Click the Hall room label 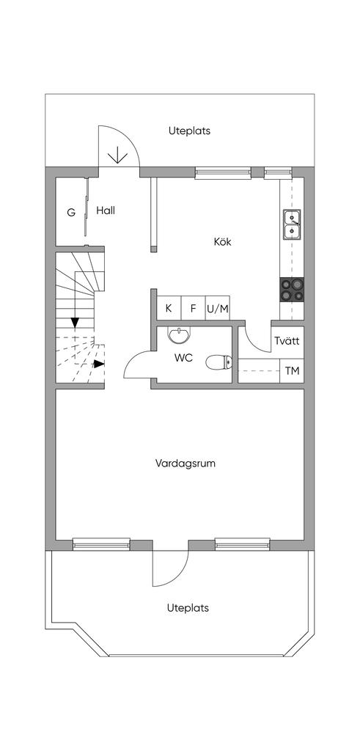[106, 210]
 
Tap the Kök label [222, 242]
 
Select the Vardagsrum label [185, 464]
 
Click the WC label [184, 358]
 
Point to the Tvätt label [287, 341]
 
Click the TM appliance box [292, 370]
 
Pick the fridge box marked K [169, 308]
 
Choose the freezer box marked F [194, 308]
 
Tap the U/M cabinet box [218, 308]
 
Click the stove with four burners [292, 290]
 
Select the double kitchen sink [292, 224]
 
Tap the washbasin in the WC [179, 334]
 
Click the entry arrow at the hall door [117, 157]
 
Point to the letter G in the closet [71, 213]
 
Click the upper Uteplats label [189, 131]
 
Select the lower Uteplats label [188, 608]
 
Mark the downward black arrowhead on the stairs [75, 323]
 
